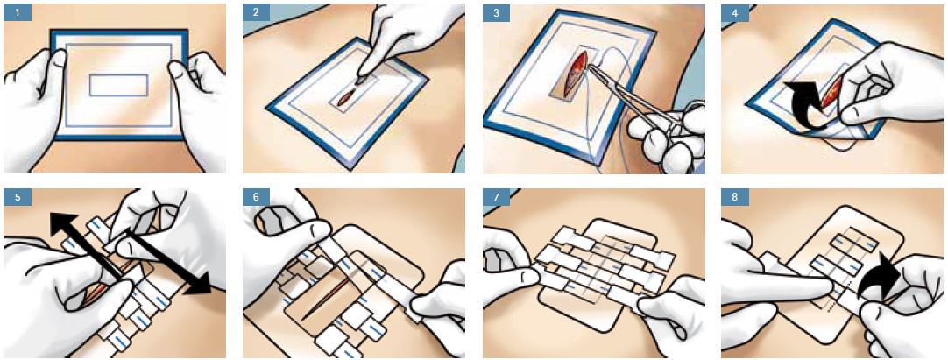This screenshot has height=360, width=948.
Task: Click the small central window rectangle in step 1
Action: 119,85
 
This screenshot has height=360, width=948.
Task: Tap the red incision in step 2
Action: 348,95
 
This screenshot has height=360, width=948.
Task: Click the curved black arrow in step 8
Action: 883,280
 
